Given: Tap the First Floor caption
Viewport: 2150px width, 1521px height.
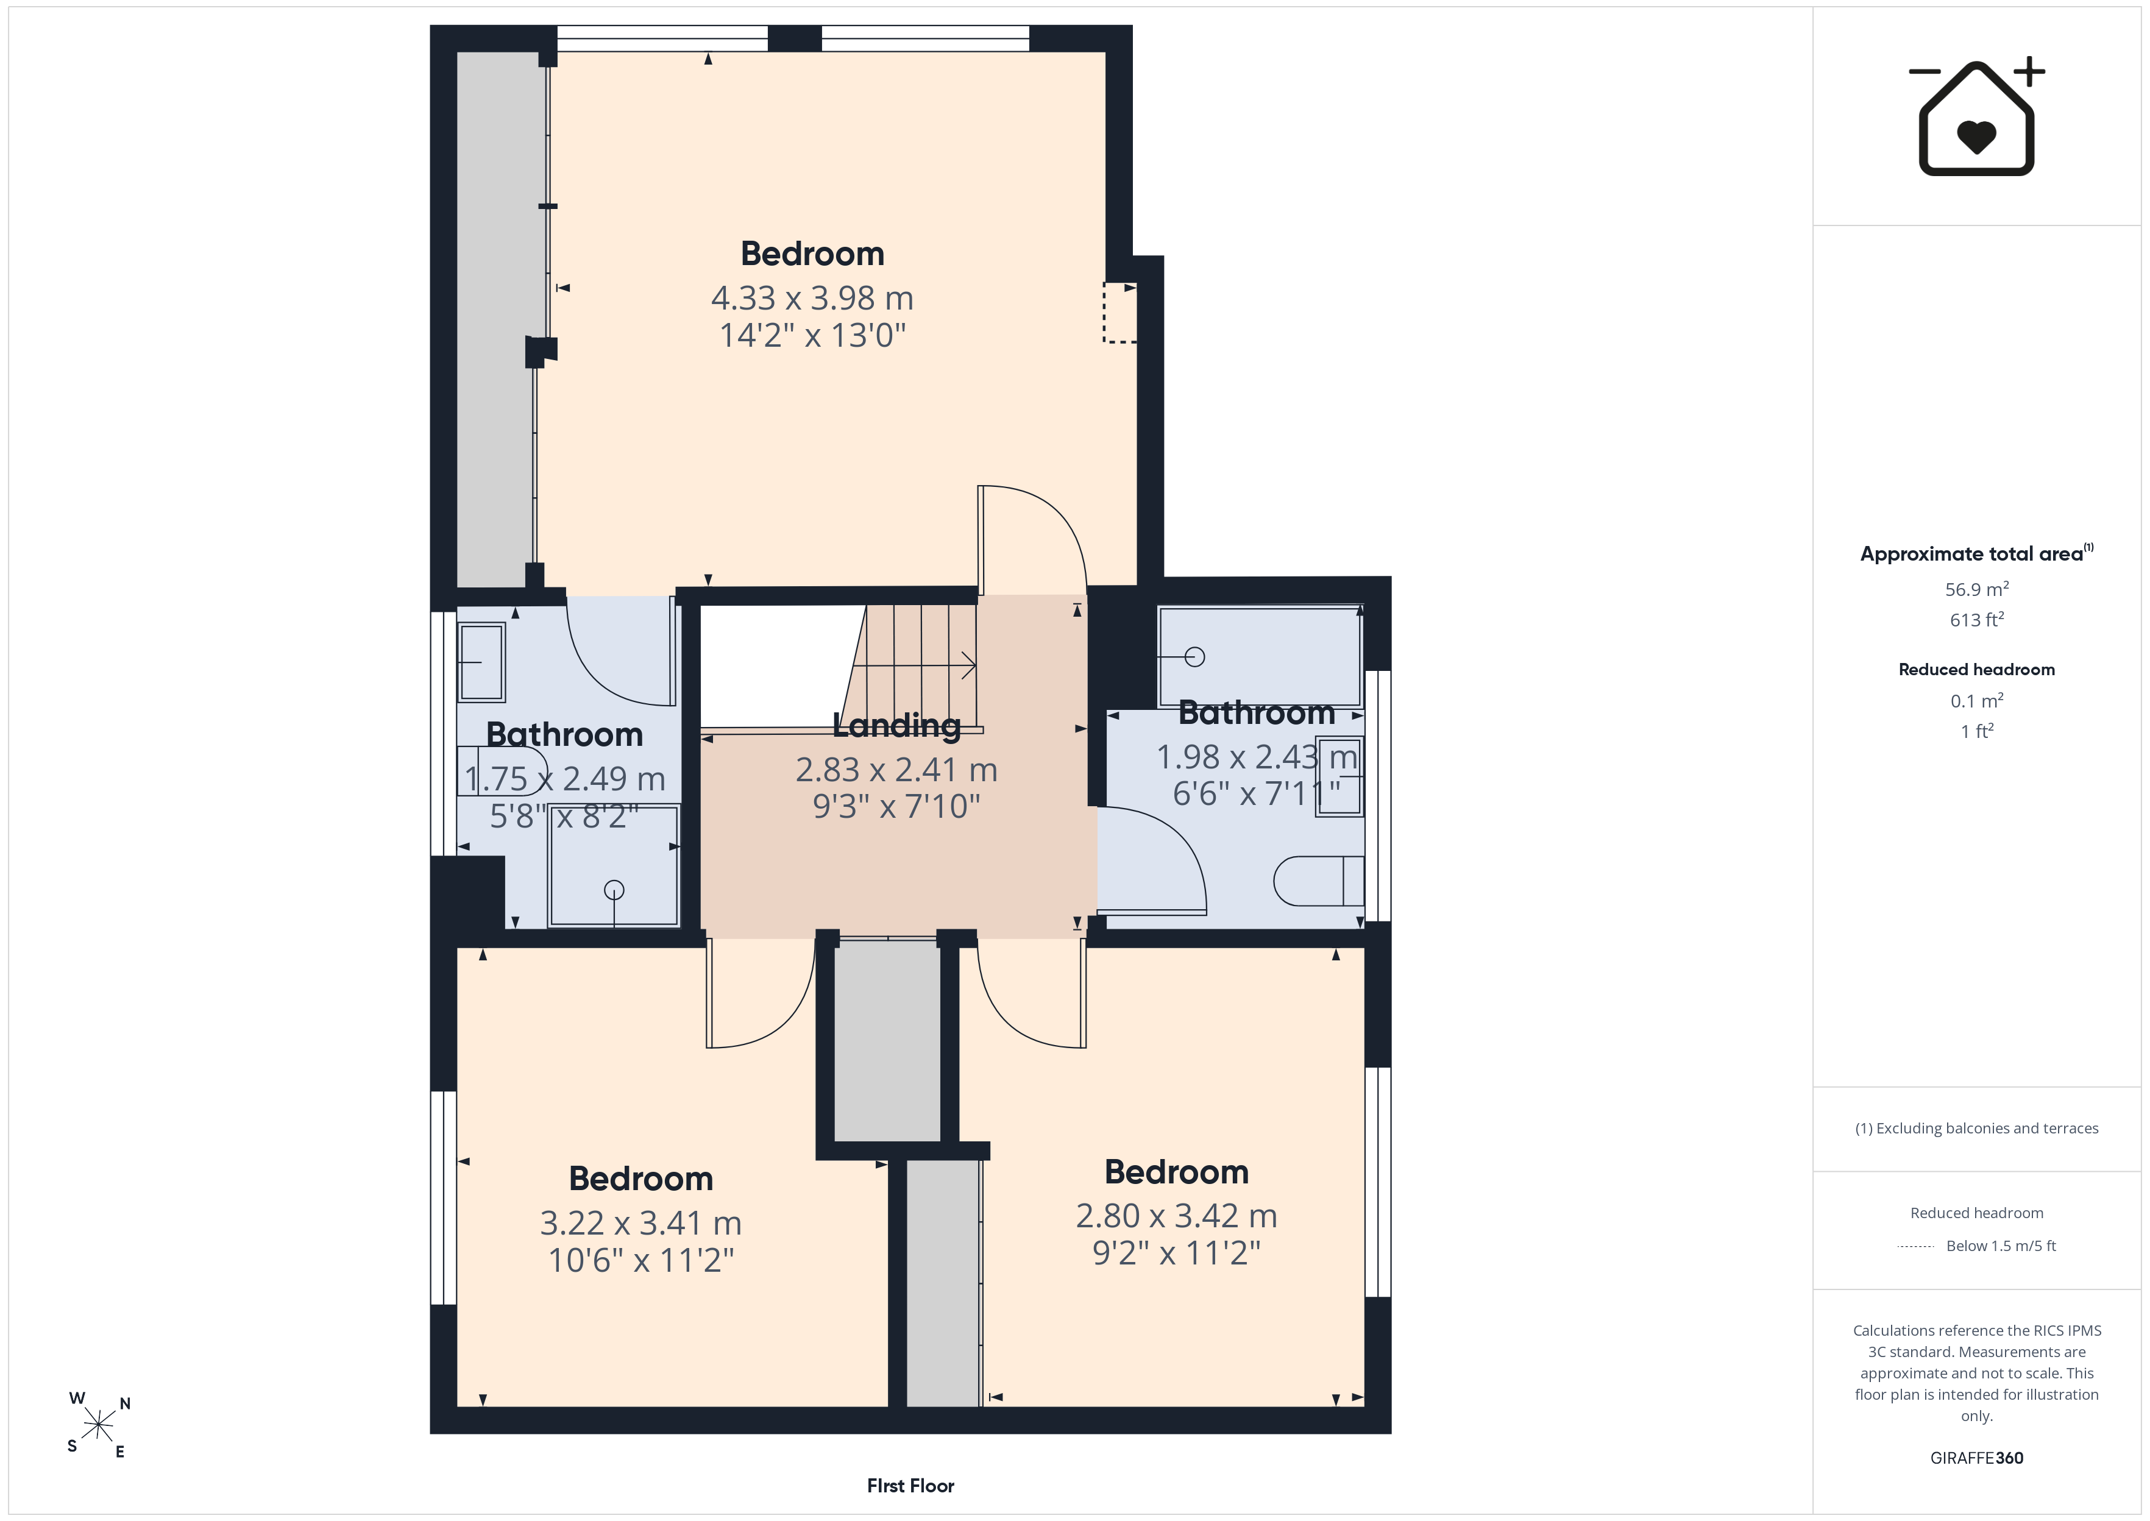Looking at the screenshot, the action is [x=910, y=1486].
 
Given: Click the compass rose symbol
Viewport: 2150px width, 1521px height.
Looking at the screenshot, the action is [x=98, y=1425].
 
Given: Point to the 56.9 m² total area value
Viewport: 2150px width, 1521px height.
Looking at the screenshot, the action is [x=1977, y=589].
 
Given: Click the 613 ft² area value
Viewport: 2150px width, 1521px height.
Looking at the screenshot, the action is [x=1977, y=619].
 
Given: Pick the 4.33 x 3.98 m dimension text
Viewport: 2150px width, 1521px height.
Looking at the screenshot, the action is [x=812, y=298].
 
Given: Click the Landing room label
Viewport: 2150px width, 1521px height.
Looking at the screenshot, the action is [x=896, y=725].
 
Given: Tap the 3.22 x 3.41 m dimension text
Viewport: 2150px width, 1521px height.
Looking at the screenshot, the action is [x=640, y=1223].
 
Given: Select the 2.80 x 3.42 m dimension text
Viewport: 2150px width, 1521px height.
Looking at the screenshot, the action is [x=1176, y=1216].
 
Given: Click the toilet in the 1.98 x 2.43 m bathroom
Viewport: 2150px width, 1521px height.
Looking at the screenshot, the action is [x=1319, y=881].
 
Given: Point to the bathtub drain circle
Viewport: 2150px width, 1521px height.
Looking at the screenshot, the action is [x=1195, y=656].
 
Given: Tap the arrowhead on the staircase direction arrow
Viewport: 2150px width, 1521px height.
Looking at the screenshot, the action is [x=971, y=666].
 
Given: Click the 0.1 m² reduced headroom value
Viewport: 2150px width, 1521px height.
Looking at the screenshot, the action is [x=1977, y=701].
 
